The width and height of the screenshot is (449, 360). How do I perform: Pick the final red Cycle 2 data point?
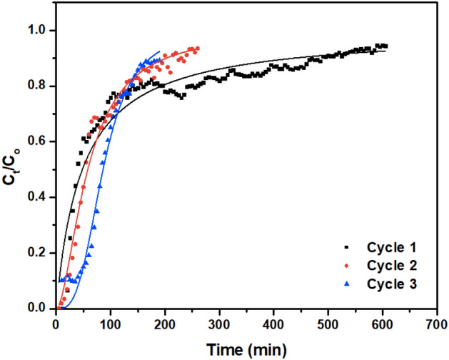click(197, 49)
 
